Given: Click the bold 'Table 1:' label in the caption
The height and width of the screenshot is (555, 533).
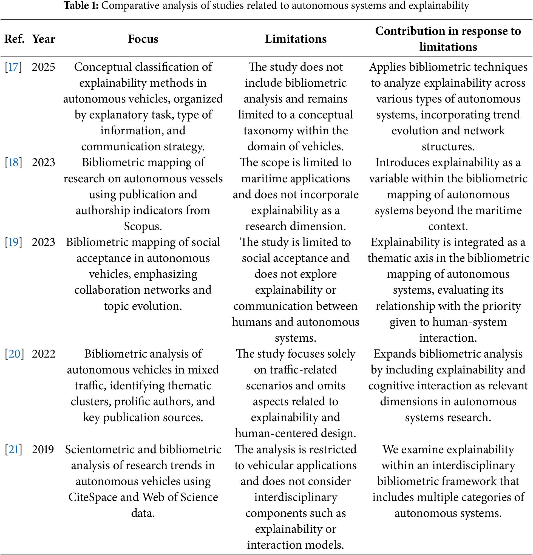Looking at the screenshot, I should (x=81, y=5).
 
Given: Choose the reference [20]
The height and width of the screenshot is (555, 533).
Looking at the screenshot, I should (x=14, y=354).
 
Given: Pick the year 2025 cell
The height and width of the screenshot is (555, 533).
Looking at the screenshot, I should (x=44, y=67).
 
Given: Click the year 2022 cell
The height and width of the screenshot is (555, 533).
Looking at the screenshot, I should (x=44, y=354).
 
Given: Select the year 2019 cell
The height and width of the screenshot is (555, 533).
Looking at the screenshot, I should (x=43, y=449).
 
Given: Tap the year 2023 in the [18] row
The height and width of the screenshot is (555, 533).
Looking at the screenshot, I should (x=44, y=163).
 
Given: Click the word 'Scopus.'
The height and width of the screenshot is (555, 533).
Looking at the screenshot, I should (x=143, y=226).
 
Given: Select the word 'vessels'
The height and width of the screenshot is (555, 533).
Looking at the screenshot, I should (x=203, y=179).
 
